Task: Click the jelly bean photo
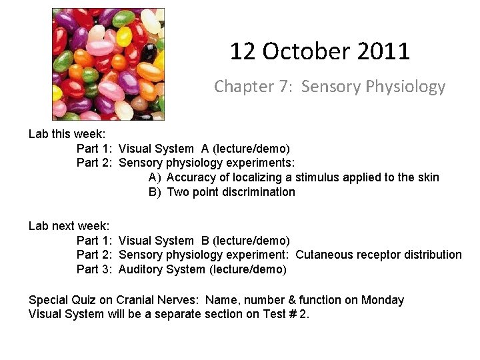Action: (108, 64)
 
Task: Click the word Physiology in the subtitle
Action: (405, 87)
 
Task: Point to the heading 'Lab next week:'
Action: (69, 226)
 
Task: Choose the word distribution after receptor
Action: (435, 255)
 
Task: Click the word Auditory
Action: (141, 269)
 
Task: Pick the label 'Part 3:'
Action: (96, 269)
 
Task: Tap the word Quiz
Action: (83, 300)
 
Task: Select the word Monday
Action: (383, 300)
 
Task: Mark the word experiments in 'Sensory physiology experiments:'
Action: (261, 163)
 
